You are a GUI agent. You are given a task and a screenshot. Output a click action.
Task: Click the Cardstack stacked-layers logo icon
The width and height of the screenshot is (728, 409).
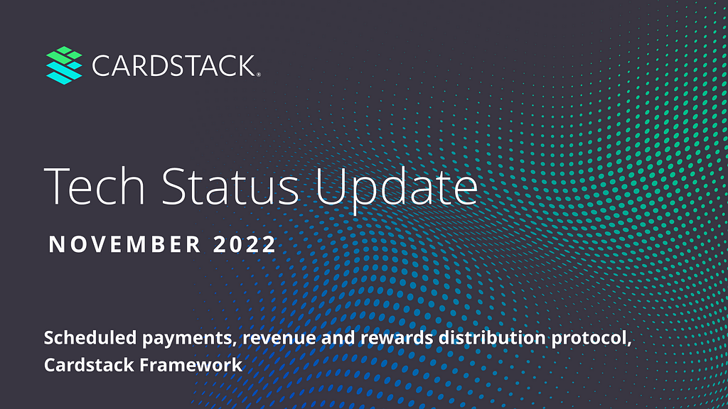click(64, 65)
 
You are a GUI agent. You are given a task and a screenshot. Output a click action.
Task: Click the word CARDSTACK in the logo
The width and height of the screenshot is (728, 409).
click(173, 66)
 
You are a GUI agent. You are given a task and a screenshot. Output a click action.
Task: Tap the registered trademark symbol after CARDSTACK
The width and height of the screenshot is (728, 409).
click(259, 74)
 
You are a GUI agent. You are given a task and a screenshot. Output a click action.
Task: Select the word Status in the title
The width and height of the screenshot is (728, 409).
click(230, 187)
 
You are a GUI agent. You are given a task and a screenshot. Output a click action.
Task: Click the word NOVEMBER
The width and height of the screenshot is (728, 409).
click(125, 244)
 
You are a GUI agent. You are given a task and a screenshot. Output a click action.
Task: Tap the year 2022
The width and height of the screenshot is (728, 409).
click(245, 244)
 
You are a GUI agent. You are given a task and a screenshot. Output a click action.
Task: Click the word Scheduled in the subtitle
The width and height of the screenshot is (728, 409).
click(90, 337)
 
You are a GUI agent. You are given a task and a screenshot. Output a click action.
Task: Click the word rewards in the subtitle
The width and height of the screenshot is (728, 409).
click(397, 337)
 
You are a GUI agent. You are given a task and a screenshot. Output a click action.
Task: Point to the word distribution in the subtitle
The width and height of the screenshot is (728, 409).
click(493, 337)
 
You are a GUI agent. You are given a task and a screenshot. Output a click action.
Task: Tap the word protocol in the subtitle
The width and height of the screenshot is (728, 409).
click(591, 339)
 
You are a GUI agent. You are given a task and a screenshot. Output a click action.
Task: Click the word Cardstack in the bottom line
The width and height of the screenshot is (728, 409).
click(89, 365)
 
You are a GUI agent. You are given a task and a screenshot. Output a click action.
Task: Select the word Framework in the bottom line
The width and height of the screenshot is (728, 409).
click(191, 365)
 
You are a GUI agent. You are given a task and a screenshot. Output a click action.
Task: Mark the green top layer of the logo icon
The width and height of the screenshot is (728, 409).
click(64, 55)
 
